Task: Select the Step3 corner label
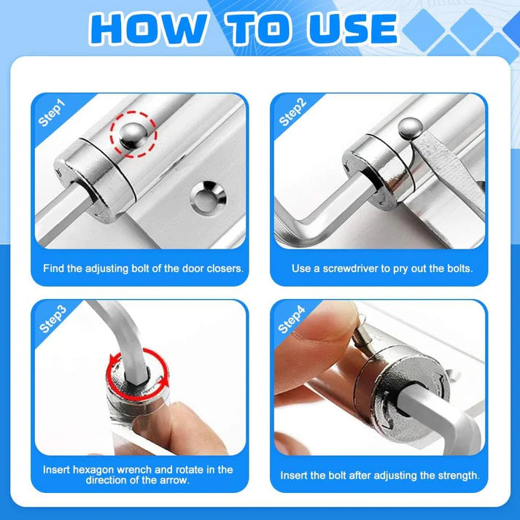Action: (52, 319)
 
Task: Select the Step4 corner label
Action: (292, 319)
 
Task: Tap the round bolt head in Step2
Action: (410, 129)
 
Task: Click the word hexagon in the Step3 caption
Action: (99, 470)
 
